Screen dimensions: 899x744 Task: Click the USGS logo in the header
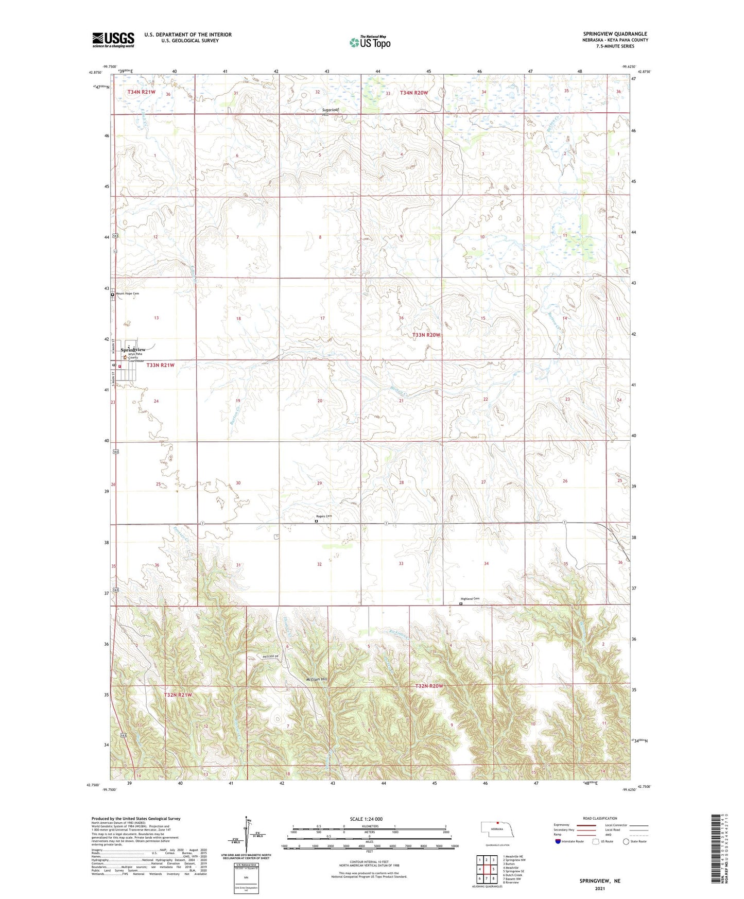click(x=113, y=40)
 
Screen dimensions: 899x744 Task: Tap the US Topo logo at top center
click(x=369, y=42)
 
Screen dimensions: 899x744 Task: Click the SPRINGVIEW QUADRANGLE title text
click(x=615, y=34)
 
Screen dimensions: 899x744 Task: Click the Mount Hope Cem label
click(x=127, y=293)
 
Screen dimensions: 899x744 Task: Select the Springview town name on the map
click(x=133, y=350)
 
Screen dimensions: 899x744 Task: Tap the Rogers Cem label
click(x=324, y=516)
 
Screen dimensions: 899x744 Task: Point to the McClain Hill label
click(x=317, y=679)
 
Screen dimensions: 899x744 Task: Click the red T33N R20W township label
click(x=426, y=335)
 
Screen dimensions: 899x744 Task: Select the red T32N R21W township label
click(x=178, y=695)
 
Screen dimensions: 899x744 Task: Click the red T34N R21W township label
click(x=141, y=92)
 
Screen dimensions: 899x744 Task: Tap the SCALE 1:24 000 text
click(x=366, y=819)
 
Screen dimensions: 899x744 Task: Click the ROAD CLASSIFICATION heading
click(x=600, y=818)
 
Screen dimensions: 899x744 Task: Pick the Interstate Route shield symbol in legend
click(x=558, y=841)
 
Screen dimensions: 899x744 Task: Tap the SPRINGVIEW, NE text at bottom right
click(x=600, y=881)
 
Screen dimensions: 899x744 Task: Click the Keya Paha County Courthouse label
click(x=136, y=357)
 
